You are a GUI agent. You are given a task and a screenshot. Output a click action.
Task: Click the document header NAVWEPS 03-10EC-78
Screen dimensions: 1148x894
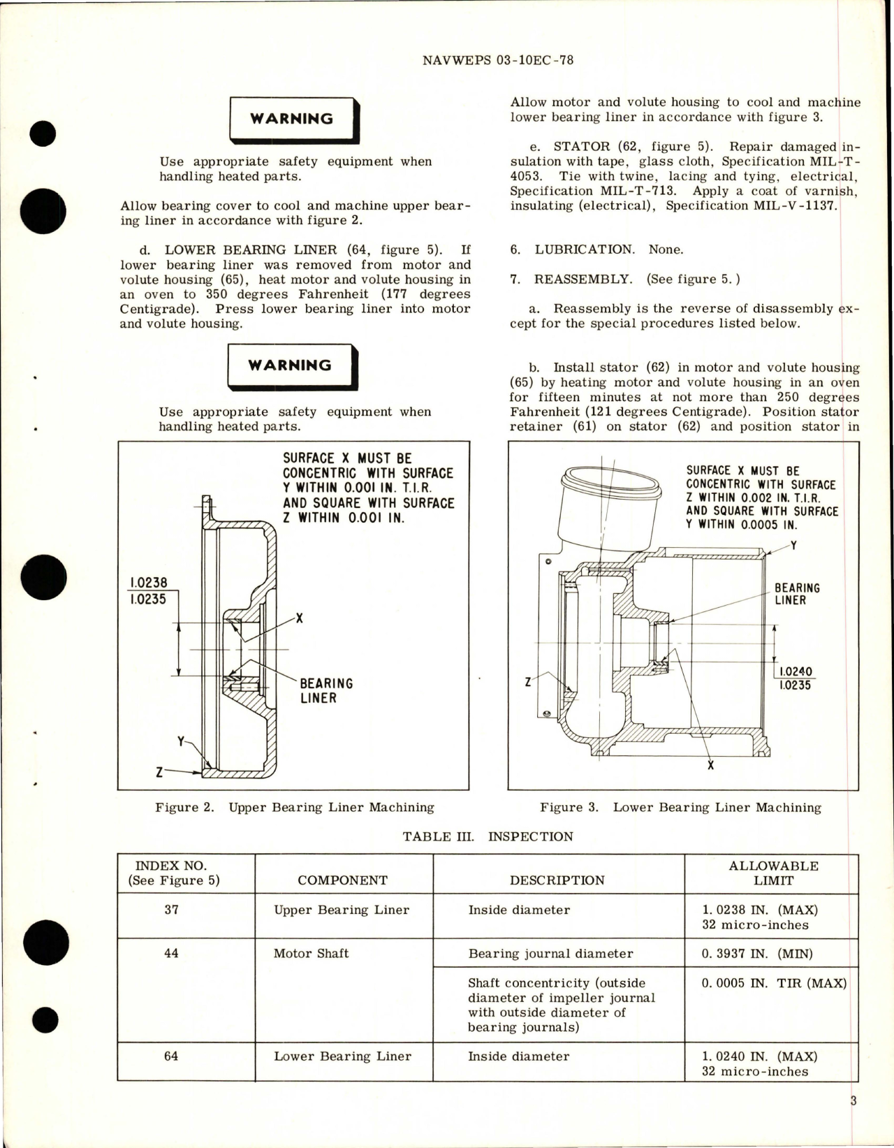(498, 60)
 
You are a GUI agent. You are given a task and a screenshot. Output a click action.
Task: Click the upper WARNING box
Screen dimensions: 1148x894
(292, 119)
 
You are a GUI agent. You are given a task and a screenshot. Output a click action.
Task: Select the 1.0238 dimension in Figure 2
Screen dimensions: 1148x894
(148, 583)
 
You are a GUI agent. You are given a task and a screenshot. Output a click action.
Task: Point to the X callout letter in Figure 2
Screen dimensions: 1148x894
(300, 618)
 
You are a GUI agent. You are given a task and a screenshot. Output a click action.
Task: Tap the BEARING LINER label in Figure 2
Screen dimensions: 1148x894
(326, 690)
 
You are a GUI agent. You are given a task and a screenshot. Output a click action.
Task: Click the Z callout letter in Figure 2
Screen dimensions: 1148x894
(160, 772)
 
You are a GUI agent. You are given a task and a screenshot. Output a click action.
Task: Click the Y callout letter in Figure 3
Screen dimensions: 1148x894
(793, 545)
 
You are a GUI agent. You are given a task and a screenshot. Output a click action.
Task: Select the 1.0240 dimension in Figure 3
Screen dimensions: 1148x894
(796, 671)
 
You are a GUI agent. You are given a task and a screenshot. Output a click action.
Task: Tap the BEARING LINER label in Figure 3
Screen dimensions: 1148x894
(797, 594)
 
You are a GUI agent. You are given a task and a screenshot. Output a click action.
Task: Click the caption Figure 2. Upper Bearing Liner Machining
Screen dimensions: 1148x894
(294, 808)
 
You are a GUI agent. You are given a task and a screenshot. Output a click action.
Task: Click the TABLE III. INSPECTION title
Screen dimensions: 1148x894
(488, 836)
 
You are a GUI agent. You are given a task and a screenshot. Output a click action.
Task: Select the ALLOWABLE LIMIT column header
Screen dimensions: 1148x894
(773, 873)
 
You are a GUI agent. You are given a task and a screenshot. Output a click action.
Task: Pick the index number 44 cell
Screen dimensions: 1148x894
(171, 953)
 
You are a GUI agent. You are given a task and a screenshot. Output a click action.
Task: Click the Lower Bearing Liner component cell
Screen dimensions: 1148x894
(342, 1056)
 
